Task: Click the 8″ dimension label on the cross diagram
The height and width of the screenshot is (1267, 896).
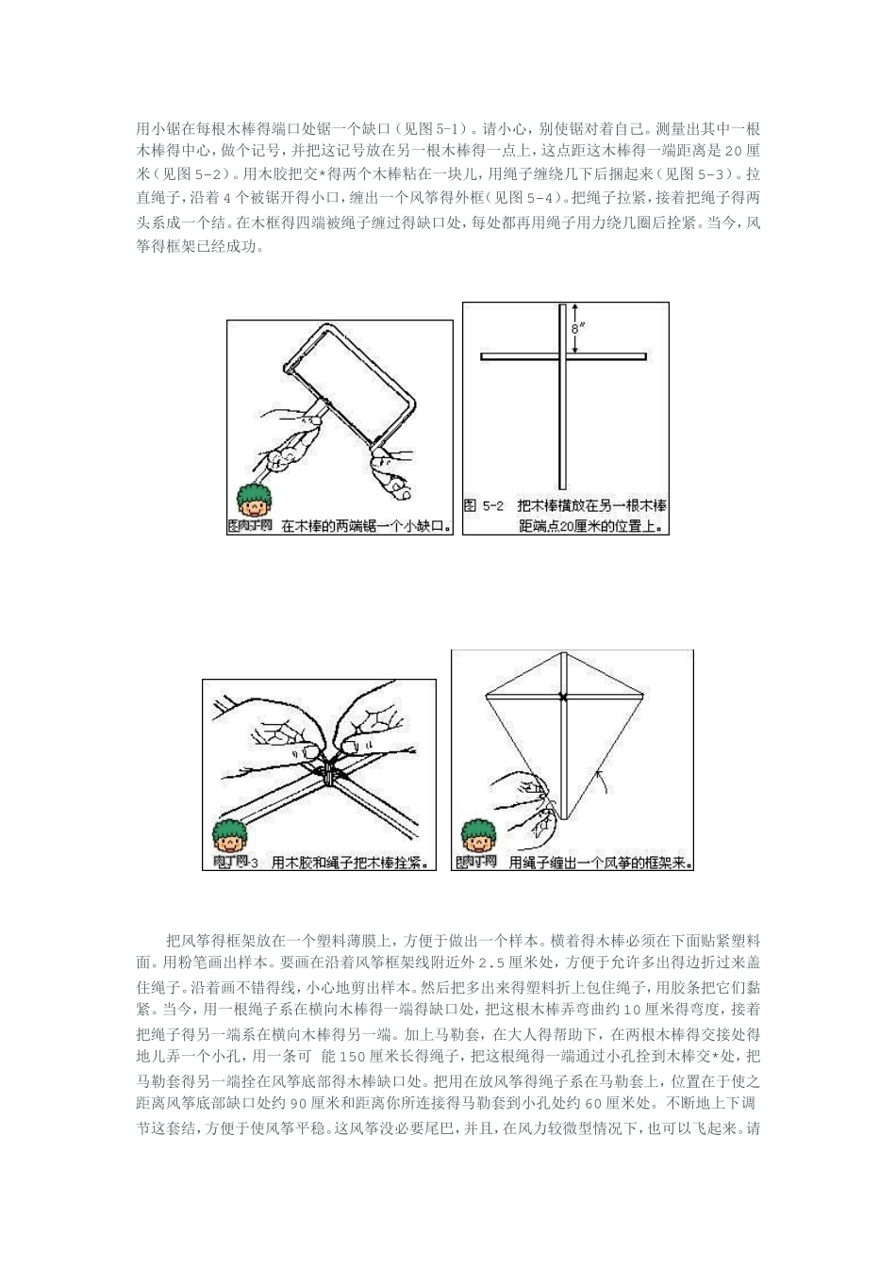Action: tap(577, 329)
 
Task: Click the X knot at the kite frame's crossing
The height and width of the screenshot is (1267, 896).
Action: tap(563, 697)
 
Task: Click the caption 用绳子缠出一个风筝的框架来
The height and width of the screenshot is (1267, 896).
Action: tap(600, 862)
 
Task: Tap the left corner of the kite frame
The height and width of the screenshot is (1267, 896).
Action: tap(485, 696)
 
